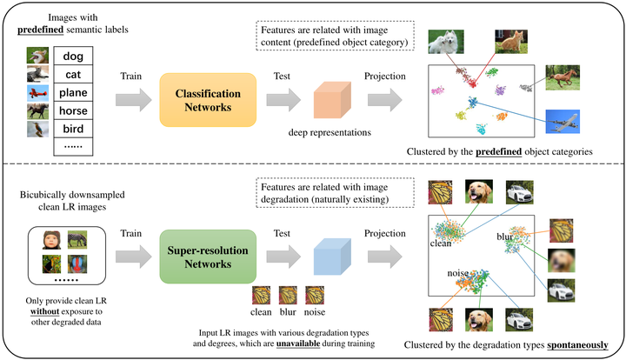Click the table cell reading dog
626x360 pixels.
73,56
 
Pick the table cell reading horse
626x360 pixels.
73,110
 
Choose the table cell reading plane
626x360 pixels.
73,92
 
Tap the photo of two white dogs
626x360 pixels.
445,41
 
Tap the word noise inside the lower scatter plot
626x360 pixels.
459,273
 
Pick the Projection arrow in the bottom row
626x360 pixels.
383,254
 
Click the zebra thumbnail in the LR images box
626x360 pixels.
76,237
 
